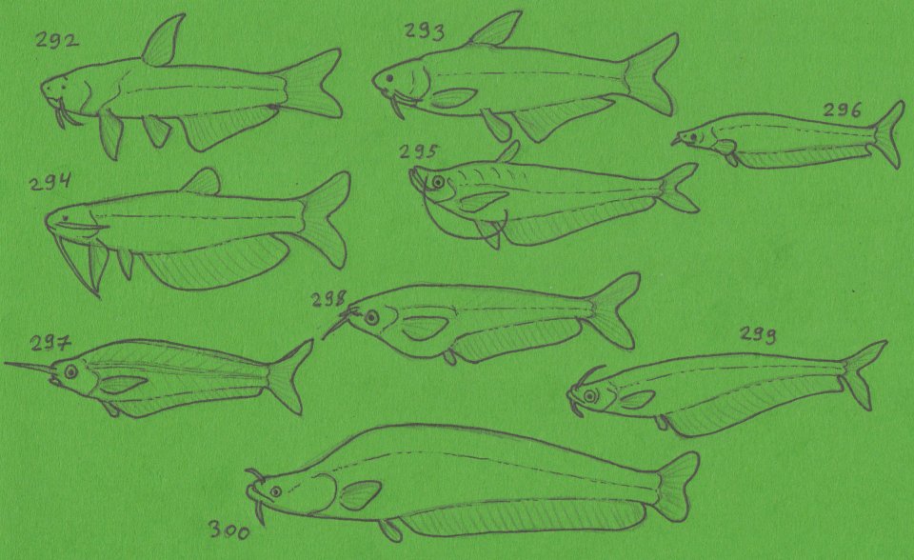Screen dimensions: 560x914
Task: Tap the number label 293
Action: (x=424, y=32)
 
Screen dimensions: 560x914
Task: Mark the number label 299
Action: (x=759, y=334)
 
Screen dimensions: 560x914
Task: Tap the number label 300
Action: (x=228, y=529)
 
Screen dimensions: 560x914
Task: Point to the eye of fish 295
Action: (x=437, y=181)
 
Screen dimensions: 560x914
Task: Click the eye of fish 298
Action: (x=370, y=316)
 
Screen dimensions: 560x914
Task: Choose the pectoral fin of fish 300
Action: (x=360, y=494)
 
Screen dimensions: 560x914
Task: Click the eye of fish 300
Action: (x=275, y=491)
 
